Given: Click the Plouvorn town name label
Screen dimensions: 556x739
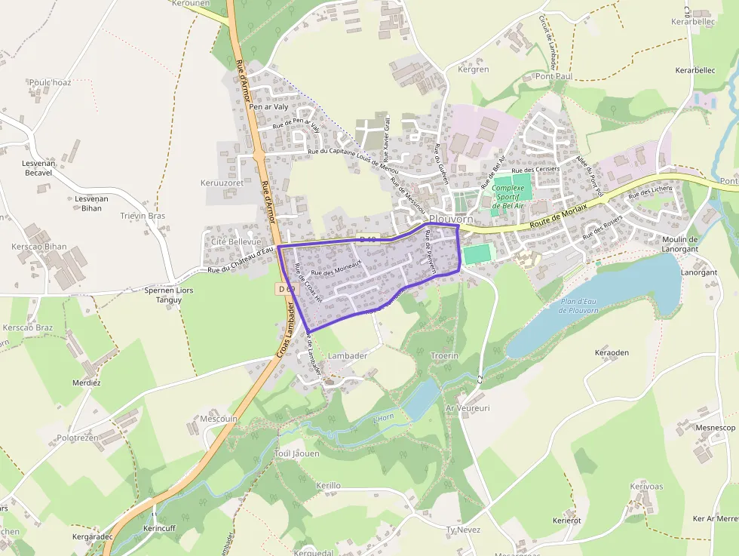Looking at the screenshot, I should click(450, 218).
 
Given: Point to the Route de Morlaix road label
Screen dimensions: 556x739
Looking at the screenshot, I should click(557, 218).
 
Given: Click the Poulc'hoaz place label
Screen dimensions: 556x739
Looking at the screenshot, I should click(50, 82).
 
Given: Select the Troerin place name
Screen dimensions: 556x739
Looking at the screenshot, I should click(444, 355).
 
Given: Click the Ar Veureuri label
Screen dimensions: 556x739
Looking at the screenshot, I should click(468, 408).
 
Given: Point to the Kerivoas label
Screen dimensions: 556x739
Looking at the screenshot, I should click(646, 487).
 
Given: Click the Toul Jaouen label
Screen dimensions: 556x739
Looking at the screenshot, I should click(297, 453).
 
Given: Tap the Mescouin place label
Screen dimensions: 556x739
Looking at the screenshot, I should click(219, 418).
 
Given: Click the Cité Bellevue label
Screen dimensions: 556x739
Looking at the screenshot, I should click(235, 241).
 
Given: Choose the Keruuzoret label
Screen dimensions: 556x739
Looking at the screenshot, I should click(222, 183).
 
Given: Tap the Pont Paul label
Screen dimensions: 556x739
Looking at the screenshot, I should click(554, 76).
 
